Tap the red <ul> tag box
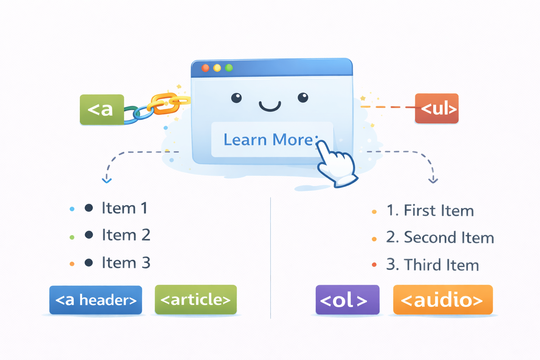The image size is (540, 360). (437, 108)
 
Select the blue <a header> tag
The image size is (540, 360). (96, 300)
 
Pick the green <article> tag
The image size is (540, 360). (195, 300)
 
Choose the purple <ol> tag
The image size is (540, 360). (347, 300)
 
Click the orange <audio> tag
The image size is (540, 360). (443, 300)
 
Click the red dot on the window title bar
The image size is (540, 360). (206, 68)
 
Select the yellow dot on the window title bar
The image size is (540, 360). (217, 68)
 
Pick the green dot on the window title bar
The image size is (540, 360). (229, 68)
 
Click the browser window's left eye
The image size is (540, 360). (237, 98)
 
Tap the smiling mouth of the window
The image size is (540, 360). (270, 106)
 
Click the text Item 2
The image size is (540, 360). (126, 235)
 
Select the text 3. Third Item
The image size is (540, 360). (432, 265)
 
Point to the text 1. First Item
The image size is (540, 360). (430, 211)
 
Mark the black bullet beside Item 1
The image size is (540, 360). (89, 208)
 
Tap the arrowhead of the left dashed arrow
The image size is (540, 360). (107, 180)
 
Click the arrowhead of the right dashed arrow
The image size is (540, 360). (433, 180)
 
